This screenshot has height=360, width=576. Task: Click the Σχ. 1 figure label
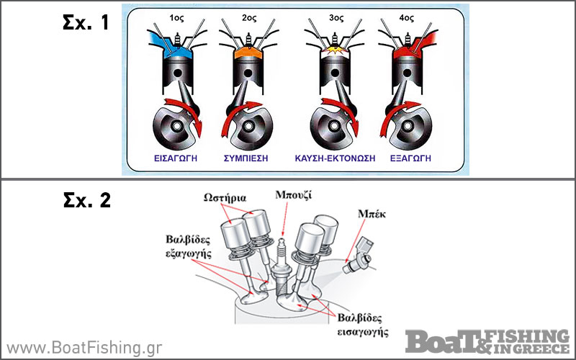85,22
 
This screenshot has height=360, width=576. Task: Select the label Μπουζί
294,194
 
